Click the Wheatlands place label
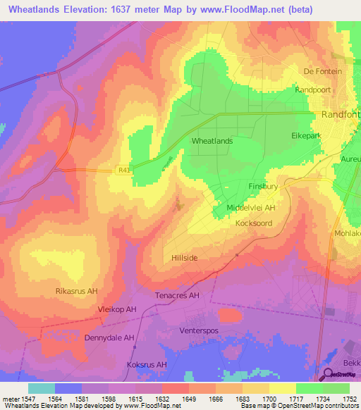click(x=212, y=141)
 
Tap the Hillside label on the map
click(x=185, y=259)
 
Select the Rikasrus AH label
click(x=75, y=291)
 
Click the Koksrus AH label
click(x=147, y=365)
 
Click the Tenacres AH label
click(x=178, y=296)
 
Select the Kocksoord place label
click(x=254, y=223)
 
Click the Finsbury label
click(x=264, y=187)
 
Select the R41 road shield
click(x=124, y=170)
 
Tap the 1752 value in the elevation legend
click(x=350, y=398)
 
